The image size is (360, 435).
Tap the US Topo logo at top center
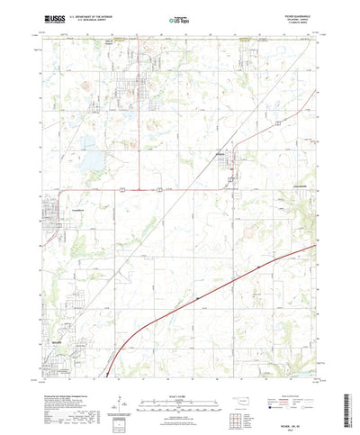(x=179, y=18)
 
